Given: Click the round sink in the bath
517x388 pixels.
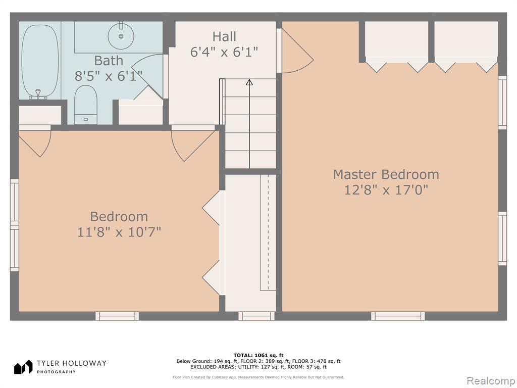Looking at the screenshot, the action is [121, 36].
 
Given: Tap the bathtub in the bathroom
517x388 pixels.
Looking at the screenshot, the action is [40, 61].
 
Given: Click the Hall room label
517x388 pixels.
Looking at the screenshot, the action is [224, 36].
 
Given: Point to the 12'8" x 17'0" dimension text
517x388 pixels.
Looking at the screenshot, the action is [386, 190].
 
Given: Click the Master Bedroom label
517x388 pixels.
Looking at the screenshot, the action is [386, 174].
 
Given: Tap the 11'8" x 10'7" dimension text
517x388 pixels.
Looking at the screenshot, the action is [119, 231].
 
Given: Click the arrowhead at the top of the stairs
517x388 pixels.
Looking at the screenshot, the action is [249, 82].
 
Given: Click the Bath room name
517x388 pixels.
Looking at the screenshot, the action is [109, 61].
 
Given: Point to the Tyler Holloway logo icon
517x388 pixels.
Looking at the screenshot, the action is [23, 367].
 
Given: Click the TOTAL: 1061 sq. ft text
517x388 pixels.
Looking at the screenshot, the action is [258, 355].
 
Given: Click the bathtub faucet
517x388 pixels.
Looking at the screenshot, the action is [38, 94].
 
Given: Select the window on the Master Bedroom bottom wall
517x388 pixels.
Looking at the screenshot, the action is [398, 316].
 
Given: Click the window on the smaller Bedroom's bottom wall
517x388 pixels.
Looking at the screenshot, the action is [117, 316].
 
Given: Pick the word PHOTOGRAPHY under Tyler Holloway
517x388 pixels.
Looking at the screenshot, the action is [56, 372].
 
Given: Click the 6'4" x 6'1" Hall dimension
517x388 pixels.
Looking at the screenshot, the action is [224, 52].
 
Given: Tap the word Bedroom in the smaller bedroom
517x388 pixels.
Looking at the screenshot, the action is [119, 216].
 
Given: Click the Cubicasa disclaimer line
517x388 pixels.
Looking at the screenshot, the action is [258, 377].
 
